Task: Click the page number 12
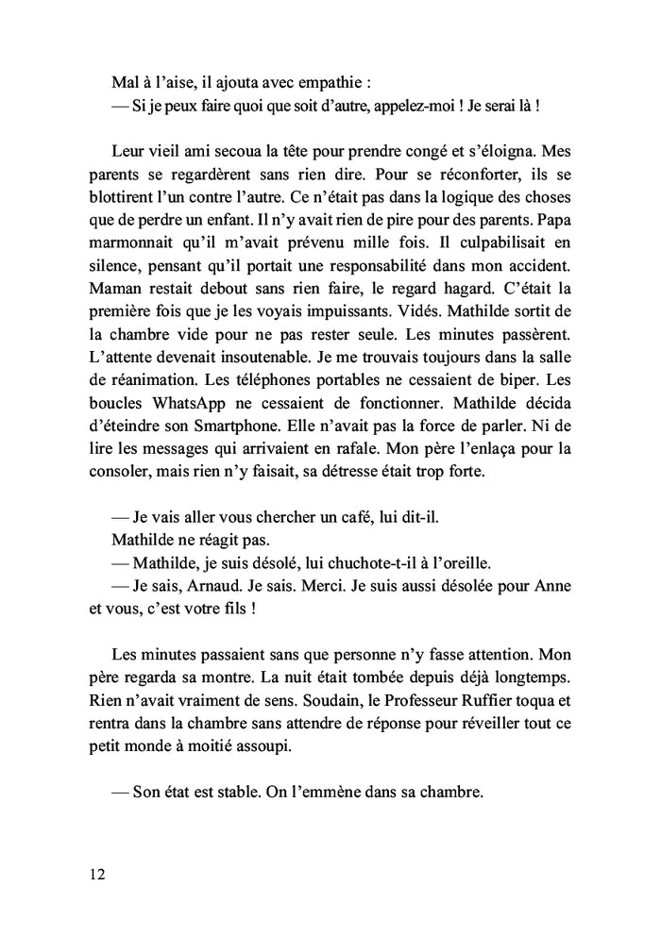96,874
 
